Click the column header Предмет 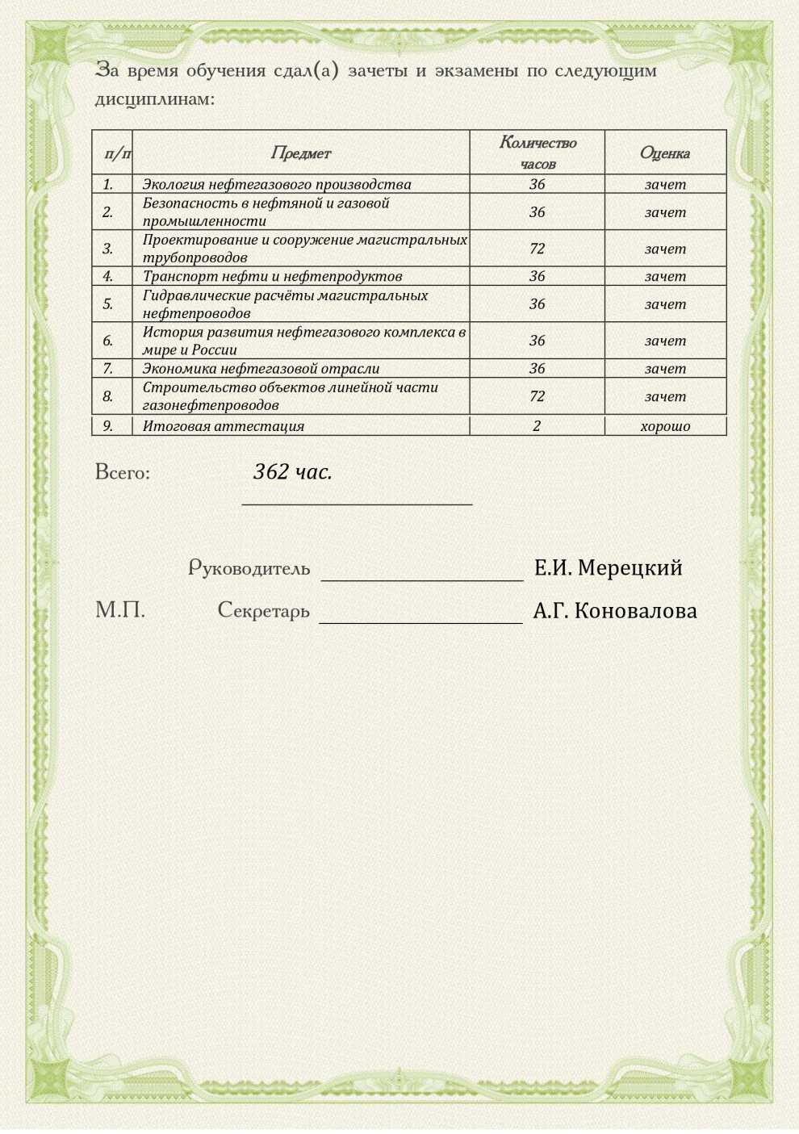point(300,153)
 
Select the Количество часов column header point(538,153)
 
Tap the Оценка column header point(665,153)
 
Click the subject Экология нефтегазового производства point(277,184)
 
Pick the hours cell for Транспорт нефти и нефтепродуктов point(538,276)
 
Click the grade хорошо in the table point(665,426)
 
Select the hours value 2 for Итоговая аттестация point(538,426)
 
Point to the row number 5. point(108,304)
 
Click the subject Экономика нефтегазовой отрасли point(261,369)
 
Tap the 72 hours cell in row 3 point(538,249)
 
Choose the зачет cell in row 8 point(665,396)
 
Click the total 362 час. point(293,472)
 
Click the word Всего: point(123,472)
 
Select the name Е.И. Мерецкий point(608,568)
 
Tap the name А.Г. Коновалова point(615,611)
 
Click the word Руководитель point(249,568)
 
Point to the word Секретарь point(264,611)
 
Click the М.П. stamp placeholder point(120,610)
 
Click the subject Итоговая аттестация point(224,426)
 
